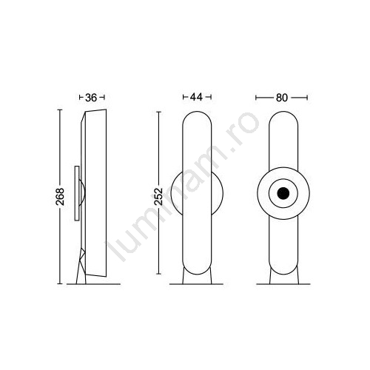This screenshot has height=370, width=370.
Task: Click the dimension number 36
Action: (x=91, y=98)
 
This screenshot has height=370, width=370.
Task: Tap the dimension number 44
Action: (x=197, y=97)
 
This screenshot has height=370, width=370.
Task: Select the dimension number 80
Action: (x=282, y=98)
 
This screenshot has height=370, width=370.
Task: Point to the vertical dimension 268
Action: (x=60, y=197)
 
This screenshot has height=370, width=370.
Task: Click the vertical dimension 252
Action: (x=158, y=197)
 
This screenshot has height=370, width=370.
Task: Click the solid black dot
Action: (x=283, y=193)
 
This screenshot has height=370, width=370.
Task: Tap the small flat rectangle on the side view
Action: (x=77, y=193)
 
